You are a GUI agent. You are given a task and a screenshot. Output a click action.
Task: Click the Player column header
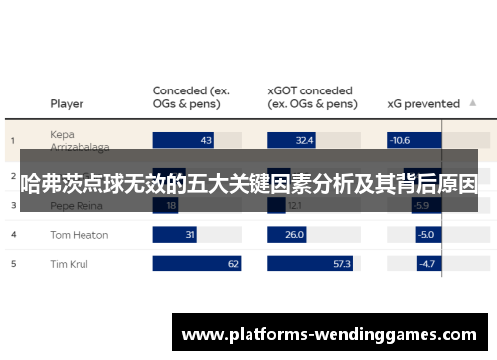pos(67,103)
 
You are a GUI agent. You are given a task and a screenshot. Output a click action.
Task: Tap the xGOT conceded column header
pos(312,96)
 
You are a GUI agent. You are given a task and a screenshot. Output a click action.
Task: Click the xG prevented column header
pos(422,103)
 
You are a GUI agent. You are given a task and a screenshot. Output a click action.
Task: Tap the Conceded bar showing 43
pos(184,141)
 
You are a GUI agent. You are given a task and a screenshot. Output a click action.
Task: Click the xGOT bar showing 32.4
pos(292,141)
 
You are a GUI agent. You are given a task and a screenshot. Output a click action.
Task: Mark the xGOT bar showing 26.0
pos(288,235)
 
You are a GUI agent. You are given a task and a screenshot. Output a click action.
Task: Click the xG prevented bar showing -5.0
pos(412,235)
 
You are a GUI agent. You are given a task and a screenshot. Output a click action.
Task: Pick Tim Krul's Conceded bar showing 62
pos(197,264)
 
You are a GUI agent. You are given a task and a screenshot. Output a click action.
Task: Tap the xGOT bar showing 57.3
pos(311,264)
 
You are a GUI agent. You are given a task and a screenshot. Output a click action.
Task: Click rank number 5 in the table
pos(14,264)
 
